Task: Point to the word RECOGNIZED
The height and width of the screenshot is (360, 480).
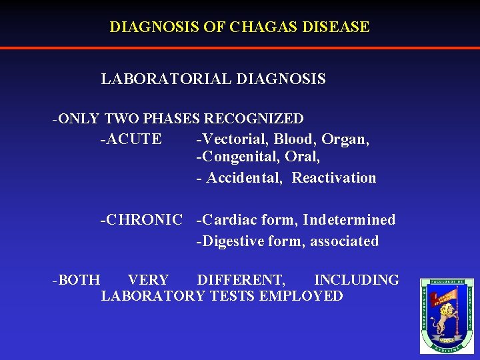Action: click(x=254, y=119)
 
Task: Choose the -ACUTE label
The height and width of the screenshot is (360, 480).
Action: click(x=131, y=139)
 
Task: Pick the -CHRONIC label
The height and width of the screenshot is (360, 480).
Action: click(x=141, y=219)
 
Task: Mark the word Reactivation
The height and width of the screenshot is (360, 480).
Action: click(x=334, y=178)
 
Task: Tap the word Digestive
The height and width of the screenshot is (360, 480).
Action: click(x=234, y=241)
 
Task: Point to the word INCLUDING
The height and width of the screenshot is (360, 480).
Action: click(x=357, y=280)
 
